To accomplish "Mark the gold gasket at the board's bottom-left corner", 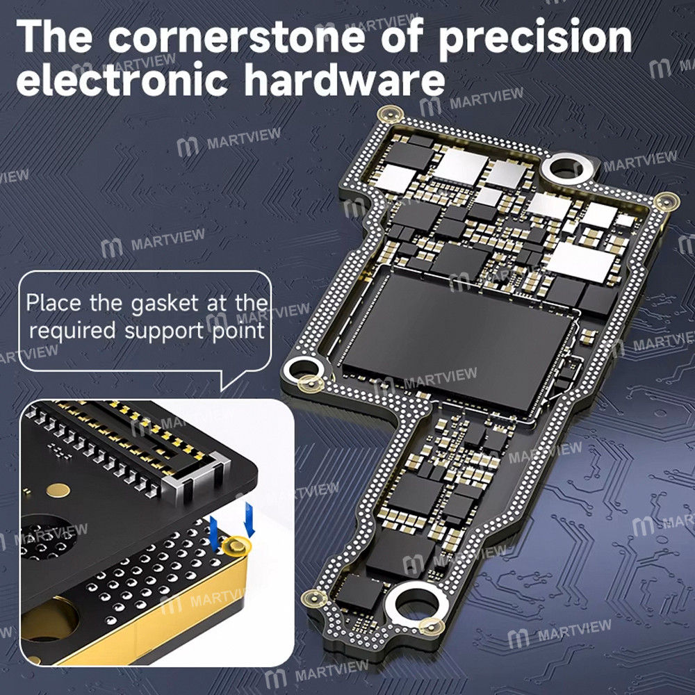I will click(x=312, y=598).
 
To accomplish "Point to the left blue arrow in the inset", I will click(x=215, y=530).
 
